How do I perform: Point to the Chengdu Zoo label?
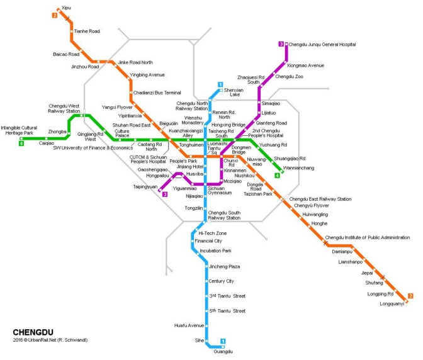coord(290,76)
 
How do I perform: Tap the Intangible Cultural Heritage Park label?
coord(21,130)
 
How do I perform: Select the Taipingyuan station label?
coord(145,187)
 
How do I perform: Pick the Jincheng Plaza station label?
coord(224,266)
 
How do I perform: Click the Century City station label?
coord(222,281)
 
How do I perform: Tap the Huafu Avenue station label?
coord(189,325)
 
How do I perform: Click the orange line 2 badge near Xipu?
coord(55,15)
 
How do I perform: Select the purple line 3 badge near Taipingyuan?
coord(164,194)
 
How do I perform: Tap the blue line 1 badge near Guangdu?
coord(222,342)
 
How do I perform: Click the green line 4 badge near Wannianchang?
coord(277,176)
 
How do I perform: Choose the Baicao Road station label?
coord(66,55)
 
